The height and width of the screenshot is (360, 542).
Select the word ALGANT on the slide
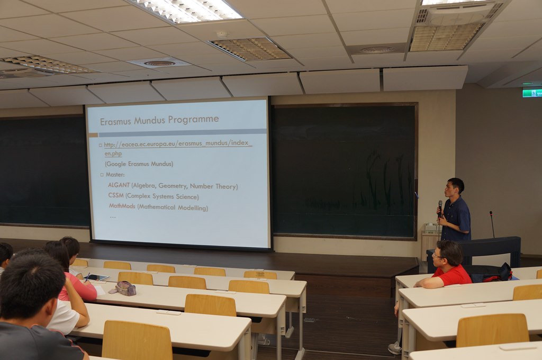119,185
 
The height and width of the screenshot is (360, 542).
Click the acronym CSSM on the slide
116,195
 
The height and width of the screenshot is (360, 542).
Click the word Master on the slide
115,174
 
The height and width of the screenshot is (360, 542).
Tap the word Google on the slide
116,164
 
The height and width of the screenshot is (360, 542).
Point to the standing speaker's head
456,187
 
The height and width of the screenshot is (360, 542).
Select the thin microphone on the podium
492,224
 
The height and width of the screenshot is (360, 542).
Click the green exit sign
532,93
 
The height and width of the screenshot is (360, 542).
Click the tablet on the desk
96,277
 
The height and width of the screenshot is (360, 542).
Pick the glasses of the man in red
436,256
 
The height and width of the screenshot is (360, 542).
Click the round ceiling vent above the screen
159,64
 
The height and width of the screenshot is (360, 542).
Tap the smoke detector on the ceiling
223,34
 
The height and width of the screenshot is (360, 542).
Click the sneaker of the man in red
395,348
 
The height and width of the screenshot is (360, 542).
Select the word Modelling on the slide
193,208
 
